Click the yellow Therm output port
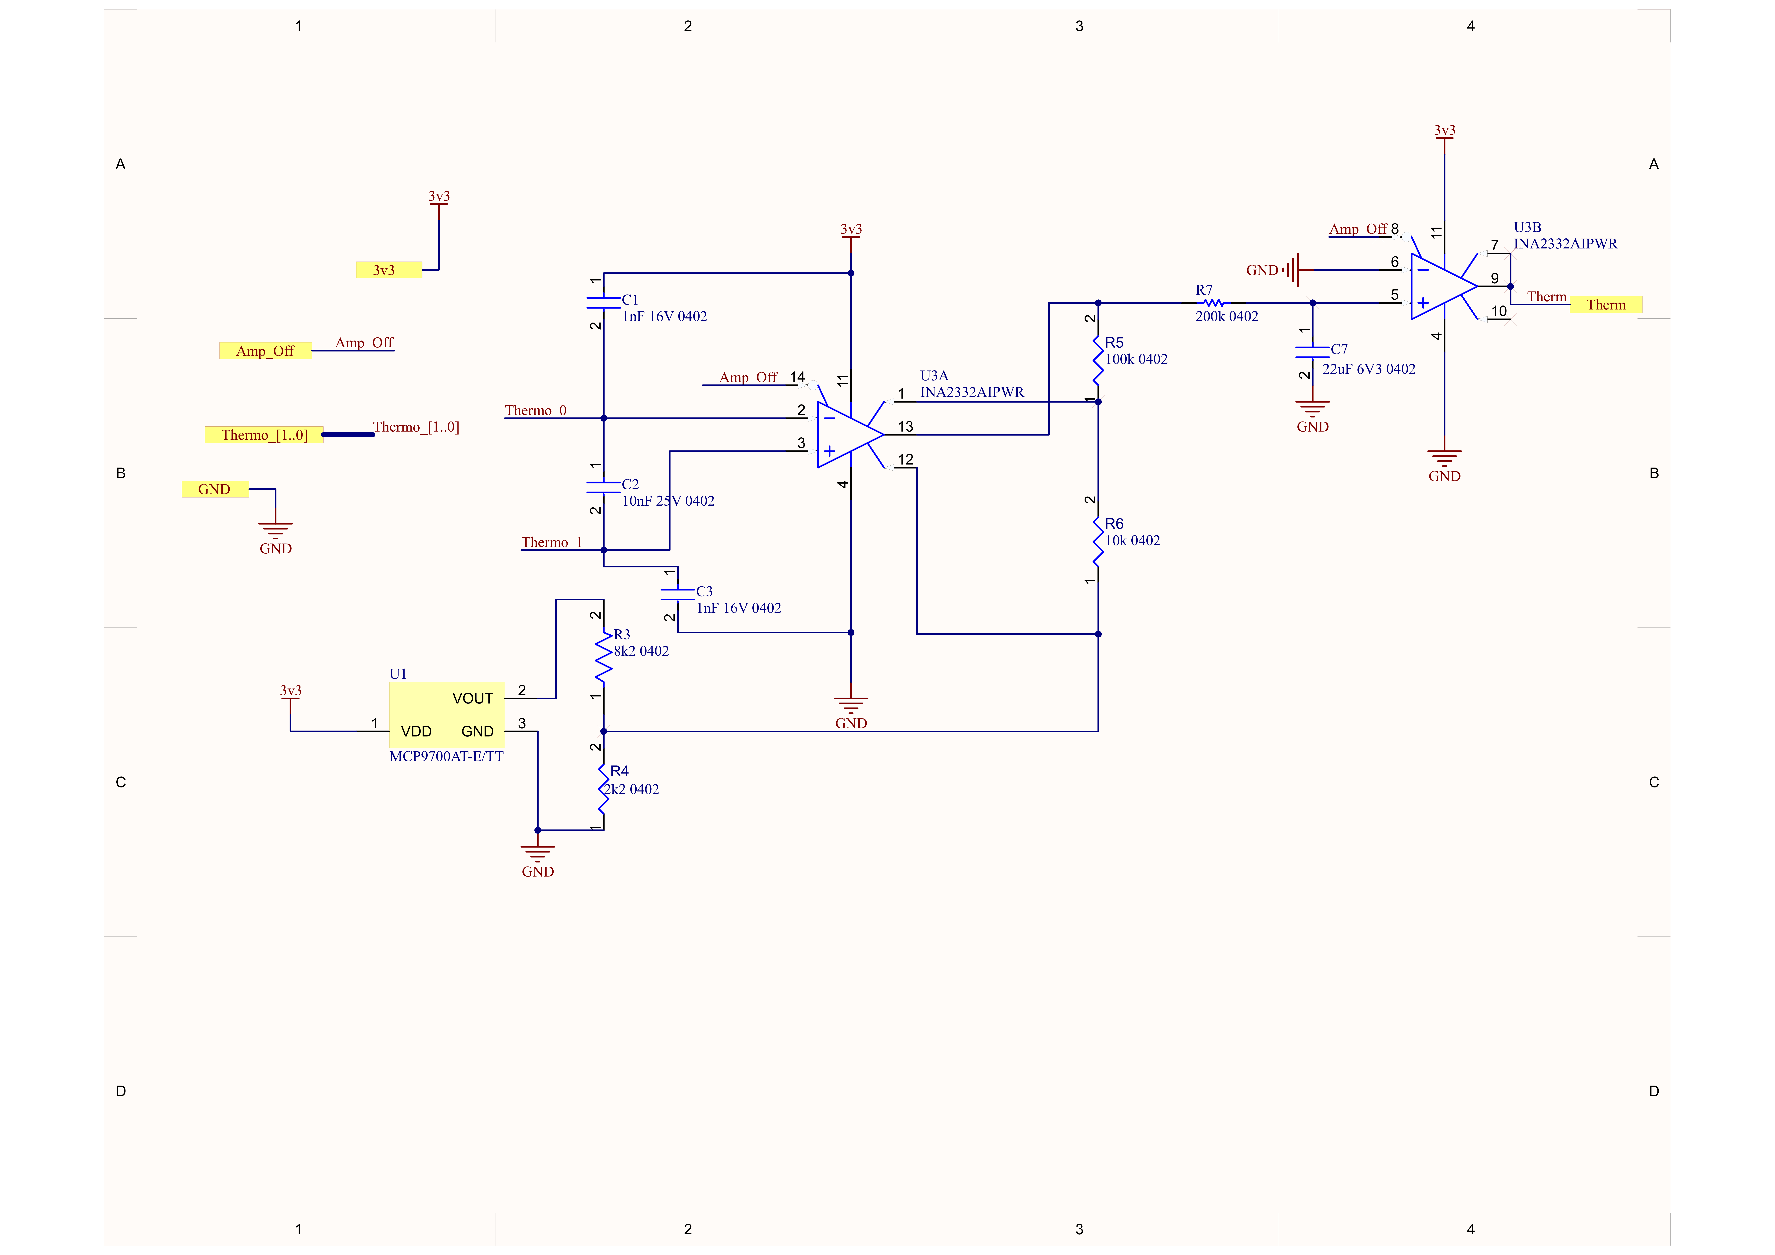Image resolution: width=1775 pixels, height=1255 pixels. pos(1606,305)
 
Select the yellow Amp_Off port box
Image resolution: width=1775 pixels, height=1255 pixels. pos(265,351)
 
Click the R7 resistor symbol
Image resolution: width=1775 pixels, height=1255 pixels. pos(1214,303)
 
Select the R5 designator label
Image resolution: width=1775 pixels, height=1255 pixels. pos(1114,342)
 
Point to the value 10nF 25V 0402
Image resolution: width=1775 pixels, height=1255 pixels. pos(668,501)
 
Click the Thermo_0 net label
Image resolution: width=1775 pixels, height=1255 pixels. pos(536,410)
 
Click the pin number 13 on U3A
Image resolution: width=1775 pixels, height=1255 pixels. pos(905,427)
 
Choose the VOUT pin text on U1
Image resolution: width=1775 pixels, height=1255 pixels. pos(472,699)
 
